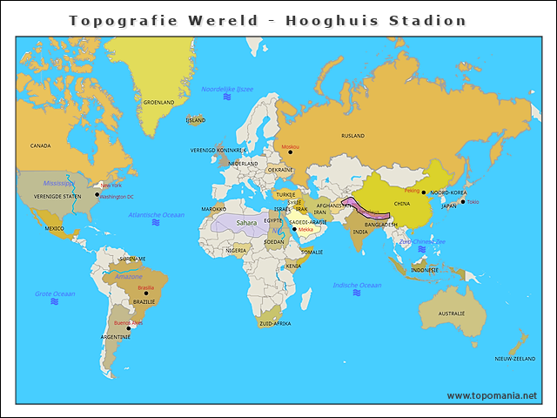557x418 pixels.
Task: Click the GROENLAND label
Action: tap(158, 102)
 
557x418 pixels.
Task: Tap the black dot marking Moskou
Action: tap(290, 152)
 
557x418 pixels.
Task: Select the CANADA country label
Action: tap(40, 145)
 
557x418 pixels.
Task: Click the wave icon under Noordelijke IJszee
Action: tap(227, 98)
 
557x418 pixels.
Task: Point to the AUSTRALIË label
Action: tap(451, 313)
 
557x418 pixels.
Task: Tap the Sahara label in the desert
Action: tap(246, 223)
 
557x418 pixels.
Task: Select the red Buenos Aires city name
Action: tap(128, 322)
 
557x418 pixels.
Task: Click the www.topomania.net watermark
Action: tap(492, 395)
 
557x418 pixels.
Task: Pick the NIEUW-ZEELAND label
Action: tap(515, 359)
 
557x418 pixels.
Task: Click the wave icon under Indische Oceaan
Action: tap(357, 293)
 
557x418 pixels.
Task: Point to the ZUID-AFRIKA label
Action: tap(275, 323)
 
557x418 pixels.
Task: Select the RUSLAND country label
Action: tap(352, 136)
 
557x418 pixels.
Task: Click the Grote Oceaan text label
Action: tap(54, 293)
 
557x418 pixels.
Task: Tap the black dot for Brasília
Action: tap(146, 293)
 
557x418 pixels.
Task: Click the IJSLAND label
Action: tap(196, 120)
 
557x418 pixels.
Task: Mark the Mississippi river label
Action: tap(60, 184)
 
